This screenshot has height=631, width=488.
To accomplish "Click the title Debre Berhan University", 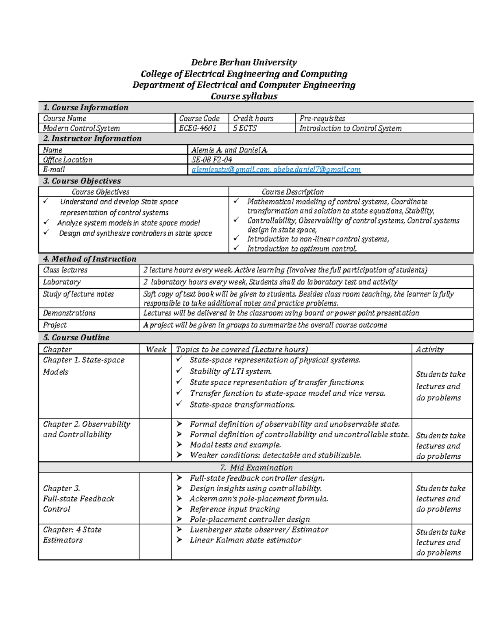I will (244, 63).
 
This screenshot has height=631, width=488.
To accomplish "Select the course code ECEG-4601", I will (198, 128).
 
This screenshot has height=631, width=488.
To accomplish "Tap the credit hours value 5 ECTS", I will (245, 128).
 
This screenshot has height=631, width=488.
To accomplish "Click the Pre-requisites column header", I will (322, 119).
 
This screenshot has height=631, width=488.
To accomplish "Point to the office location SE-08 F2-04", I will (211, 160).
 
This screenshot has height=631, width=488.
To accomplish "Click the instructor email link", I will (276, 170).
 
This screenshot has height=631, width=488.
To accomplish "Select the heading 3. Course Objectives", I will (82, 181).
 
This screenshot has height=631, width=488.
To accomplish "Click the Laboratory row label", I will (62, 282).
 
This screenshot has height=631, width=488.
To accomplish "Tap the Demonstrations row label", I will (69, 313).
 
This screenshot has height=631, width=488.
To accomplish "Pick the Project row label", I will (54, 325).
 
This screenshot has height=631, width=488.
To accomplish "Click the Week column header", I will (156, 350).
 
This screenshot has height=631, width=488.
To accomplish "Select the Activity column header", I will (429, 350).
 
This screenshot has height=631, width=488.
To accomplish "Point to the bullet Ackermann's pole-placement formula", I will (259, 499).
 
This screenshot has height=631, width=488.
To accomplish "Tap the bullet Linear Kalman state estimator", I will (245, 540).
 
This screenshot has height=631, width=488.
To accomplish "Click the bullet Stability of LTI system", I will (231, 371).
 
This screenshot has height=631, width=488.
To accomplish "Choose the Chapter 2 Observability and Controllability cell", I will (86, 429).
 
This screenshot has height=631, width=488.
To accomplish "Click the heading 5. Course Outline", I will (76, 338).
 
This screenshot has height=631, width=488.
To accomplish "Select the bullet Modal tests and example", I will (235, 445).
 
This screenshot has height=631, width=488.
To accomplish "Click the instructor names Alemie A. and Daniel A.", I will (229, 150).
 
